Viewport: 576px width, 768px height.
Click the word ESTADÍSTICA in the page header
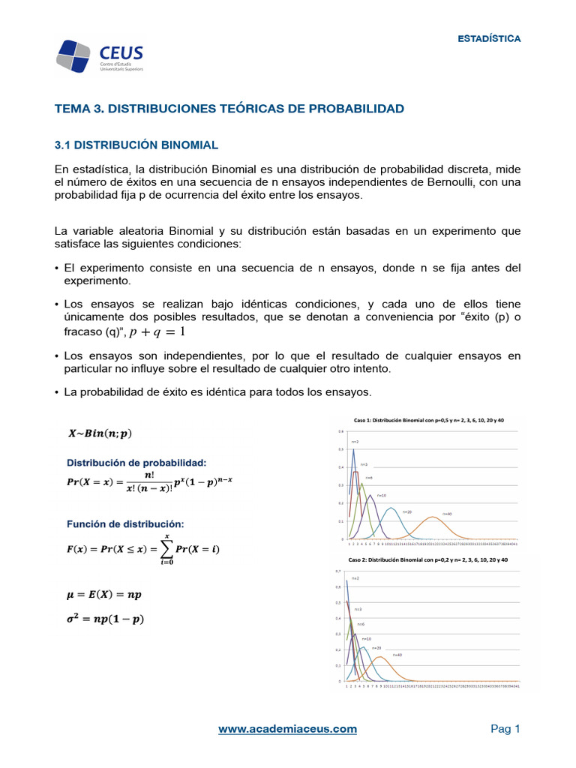click(x=489, y=38)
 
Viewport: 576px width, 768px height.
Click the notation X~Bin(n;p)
click(x=100, y=433)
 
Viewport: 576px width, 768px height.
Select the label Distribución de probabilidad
click(x=137, y=462)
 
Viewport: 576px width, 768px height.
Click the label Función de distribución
click(x=125, y=523)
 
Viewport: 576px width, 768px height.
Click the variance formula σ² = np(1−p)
click(x=106, y=619)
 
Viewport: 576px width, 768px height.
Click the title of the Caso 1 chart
click(x=428, y=421)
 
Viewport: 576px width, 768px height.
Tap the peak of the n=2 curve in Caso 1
click(x=353, y=450)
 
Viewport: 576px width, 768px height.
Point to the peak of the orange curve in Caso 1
click(x=433, y=517)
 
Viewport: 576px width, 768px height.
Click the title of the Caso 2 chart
click(x=428, y=560)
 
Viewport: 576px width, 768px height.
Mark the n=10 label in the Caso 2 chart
click(x=366, y=638)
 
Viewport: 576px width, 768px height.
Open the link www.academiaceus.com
click(x=287, y=728)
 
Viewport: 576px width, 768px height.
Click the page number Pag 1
click(x=505, y=728)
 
